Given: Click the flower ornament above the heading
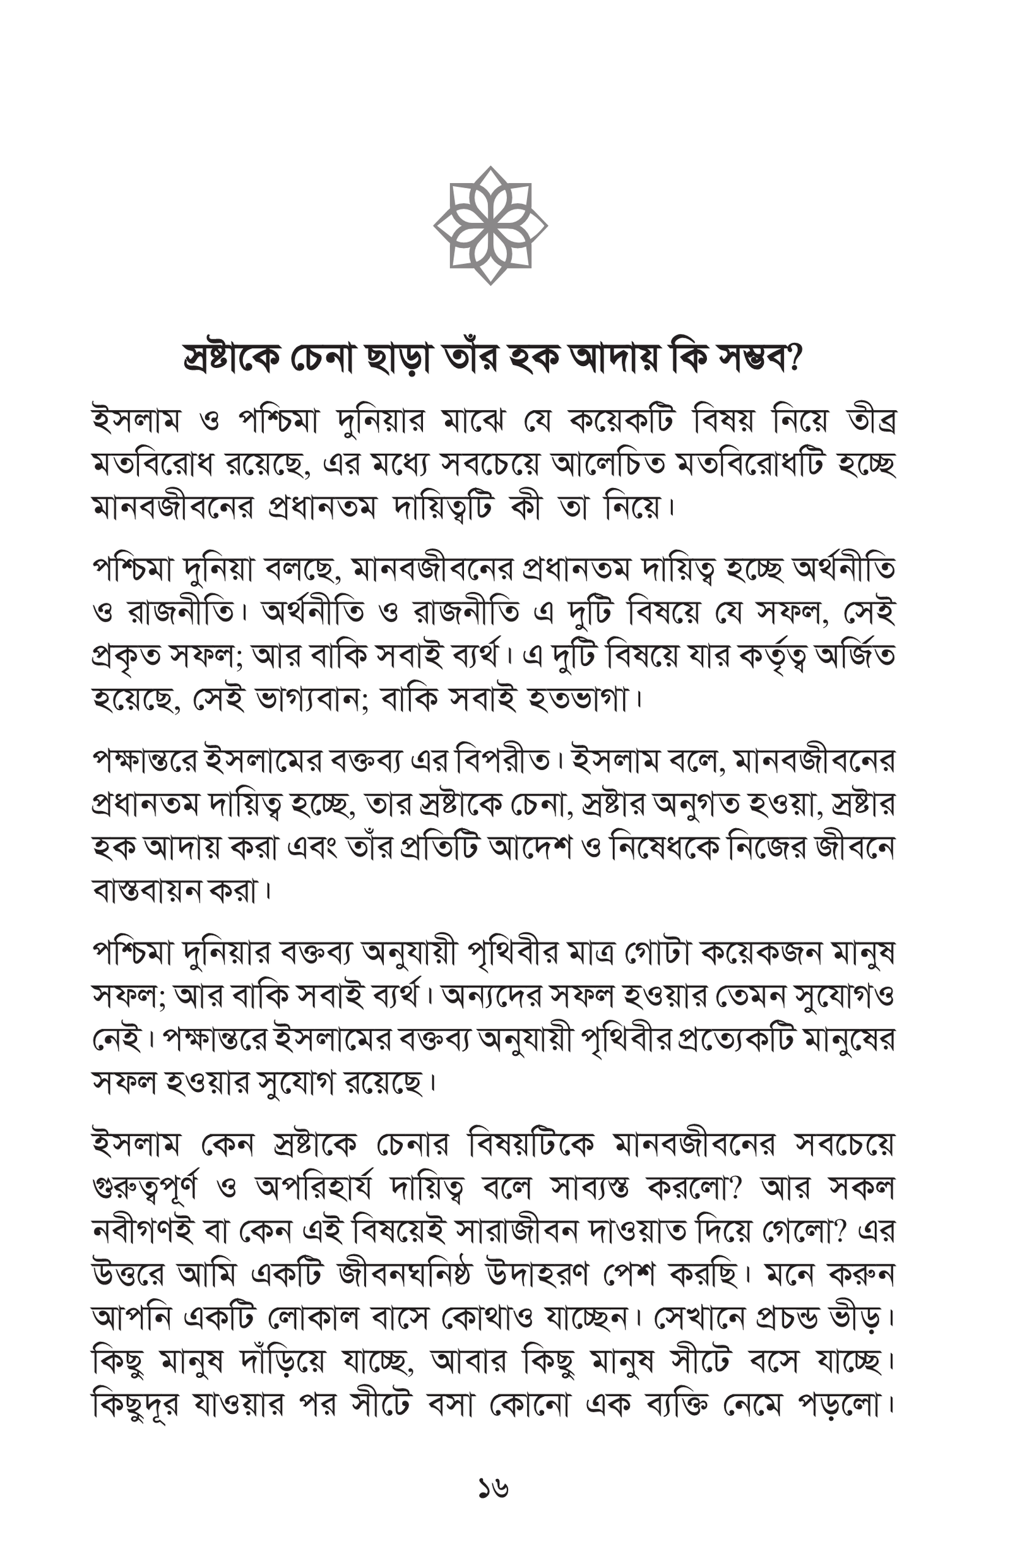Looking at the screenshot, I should coord(490,225).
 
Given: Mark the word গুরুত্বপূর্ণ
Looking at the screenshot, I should coord(145,1189).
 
